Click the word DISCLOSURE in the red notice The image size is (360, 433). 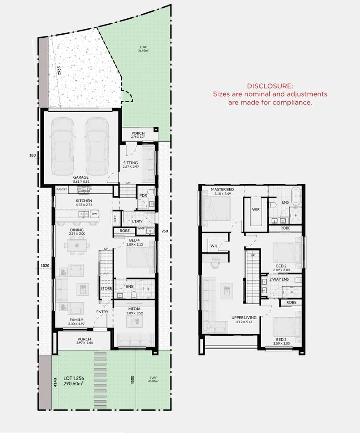coord(270,86)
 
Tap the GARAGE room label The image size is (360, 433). coord(81,177)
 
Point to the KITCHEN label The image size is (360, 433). coord(83,201)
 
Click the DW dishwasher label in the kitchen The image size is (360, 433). coord(94,213)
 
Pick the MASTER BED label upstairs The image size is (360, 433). coord(222,189)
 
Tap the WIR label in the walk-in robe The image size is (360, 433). coord(256,210)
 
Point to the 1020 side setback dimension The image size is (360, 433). coord(45,265)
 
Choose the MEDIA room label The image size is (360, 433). coord(134,309)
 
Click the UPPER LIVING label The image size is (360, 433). coord(244,317)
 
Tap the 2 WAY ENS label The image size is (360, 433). coord(278,279)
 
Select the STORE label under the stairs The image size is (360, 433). coord(106,288)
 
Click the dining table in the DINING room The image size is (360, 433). coord(77,247)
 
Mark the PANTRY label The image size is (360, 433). coord(62,189)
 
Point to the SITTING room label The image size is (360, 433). coord(130,163)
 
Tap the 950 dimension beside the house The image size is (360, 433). coord(165,231)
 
